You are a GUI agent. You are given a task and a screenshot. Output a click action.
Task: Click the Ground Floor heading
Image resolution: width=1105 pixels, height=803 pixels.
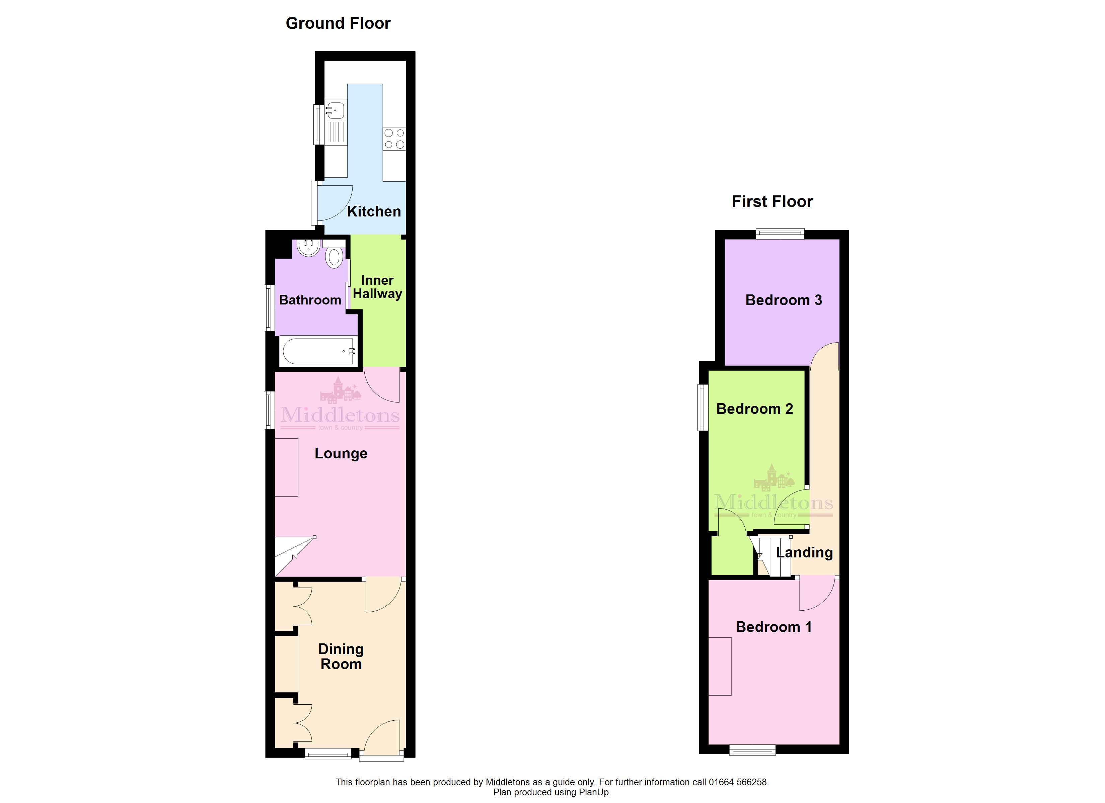click(x=338, y=23)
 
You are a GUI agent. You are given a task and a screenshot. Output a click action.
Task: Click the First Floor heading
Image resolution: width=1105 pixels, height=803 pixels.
click(x=772, y=202)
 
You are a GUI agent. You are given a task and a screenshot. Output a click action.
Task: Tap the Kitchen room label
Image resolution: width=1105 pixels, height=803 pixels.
click(x=374, y=211)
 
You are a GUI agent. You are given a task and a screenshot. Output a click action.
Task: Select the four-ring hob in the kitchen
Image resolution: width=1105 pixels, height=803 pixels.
click(x=394, y=138)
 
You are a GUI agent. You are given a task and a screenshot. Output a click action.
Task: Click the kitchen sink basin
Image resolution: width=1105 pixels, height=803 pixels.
click(x=335, y=110)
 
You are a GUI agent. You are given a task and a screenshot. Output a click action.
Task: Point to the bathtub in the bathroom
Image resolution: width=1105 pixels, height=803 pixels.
click(x=318, y=351)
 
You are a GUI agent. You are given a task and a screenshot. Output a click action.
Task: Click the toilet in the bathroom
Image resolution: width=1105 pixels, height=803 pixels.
click(x=334, y=255)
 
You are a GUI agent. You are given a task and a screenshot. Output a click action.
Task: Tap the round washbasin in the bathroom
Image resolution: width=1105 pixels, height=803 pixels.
click(x=308, y=248)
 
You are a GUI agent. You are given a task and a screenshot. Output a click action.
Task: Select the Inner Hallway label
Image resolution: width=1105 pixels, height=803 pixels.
click(x=378, y=287)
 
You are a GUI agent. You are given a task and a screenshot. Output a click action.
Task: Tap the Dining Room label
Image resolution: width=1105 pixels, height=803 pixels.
click(x=341, y=656)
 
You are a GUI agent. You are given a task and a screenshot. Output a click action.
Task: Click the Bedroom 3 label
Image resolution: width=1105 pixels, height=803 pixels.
click(x=784, y=300)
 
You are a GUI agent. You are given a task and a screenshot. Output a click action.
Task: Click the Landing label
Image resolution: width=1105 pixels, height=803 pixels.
click(x=804, y=552)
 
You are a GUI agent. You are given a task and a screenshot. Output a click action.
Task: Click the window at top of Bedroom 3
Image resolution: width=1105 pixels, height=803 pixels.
click(x=780, y=234)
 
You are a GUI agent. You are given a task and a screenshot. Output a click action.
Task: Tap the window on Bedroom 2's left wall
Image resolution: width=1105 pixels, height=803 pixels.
click(x=703, y=408)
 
